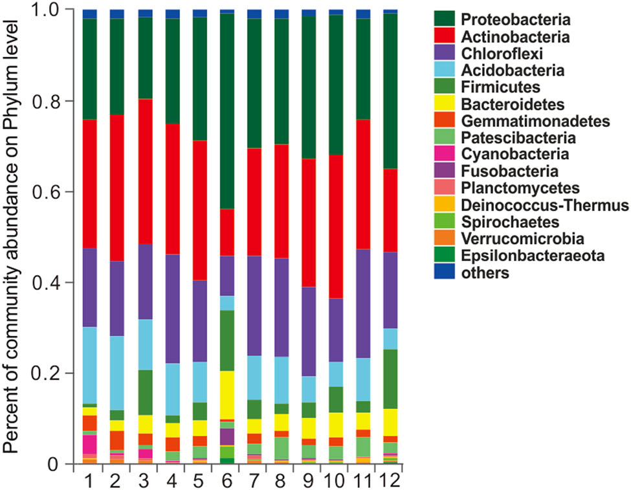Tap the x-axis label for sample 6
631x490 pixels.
click(227, 480)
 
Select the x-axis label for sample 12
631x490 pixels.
click(390, 480)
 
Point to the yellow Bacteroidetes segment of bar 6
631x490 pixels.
click(227, 395)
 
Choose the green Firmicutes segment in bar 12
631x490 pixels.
click(390, 379)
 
